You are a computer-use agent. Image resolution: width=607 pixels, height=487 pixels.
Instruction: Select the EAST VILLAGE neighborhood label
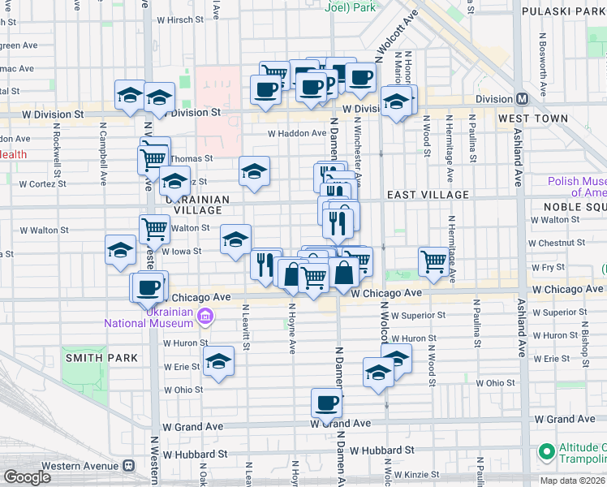(428, 195)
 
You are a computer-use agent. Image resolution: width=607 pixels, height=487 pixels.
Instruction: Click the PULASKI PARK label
(564, 11)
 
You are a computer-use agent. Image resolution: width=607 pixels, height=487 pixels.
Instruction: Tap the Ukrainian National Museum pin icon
(205, 316)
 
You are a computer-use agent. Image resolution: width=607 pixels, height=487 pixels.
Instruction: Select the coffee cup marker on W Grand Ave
(327, 403)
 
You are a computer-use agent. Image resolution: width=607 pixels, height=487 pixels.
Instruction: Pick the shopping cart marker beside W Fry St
(434, 261)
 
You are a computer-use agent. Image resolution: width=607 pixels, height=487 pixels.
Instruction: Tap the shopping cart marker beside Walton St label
(154, 228)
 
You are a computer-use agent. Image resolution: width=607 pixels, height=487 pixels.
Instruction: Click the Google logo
(27, 477)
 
